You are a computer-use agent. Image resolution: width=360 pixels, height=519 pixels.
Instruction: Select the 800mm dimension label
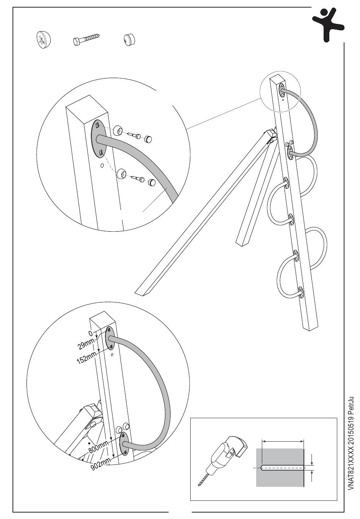coord(99,447)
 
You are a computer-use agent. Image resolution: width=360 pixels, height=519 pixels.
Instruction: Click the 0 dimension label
coord(90,333)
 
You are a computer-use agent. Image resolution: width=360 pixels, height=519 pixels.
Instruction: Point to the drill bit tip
coord(200,484)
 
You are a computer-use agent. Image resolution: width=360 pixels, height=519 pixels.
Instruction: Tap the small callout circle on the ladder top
coord(280,93)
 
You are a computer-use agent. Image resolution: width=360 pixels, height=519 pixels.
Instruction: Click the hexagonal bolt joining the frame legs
coord(271,135)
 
